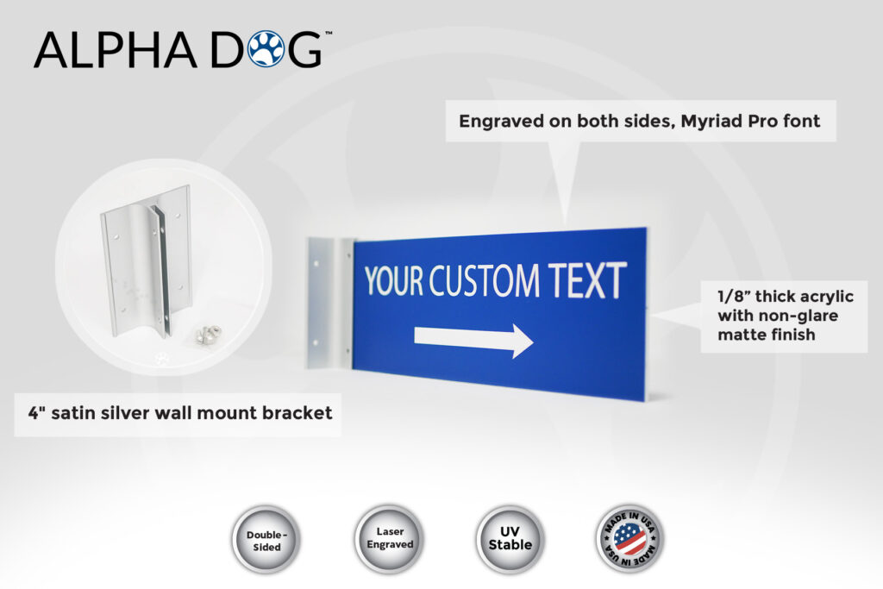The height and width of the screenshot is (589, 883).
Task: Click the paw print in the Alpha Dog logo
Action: pyautogui.click(x=266, y=48)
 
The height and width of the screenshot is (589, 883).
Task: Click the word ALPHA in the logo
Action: pyautogui.click(x=116, y=49)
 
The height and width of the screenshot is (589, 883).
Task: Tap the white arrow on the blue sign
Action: pyautogui.click(x=473, y=338)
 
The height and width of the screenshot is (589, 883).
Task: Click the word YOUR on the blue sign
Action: pyautogui.click(x=393, y=280)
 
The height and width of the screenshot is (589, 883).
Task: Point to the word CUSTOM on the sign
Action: pyautogui.click(x=485, y=280)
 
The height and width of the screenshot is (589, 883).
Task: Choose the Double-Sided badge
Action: pyautogui.click(x=266, y=540)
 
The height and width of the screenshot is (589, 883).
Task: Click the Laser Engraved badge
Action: pyautogui.click(x=389, y=539)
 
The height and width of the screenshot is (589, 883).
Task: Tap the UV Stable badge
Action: pyautogui.click(x=510, y=539)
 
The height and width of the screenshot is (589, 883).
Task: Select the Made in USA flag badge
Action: pyautogui.click(x=630, y=538)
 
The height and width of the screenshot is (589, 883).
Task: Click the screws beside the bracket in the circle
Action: pyautogui.click(x=207, y=335)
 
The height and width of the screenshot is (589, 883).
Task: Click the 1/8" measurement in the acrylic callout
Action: pyautogui.click(x=733, y=296)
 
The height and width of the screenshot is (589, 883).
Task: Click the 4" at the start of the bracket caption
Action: pyautogui.click(x=36, y=413)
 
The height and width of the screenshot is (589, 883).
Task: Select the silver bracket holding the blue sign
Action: pyautogui.click(x=330, y=303)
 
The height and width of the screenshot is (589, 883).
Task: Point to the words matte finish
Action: pyautogui.click(x=767, y=335)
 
